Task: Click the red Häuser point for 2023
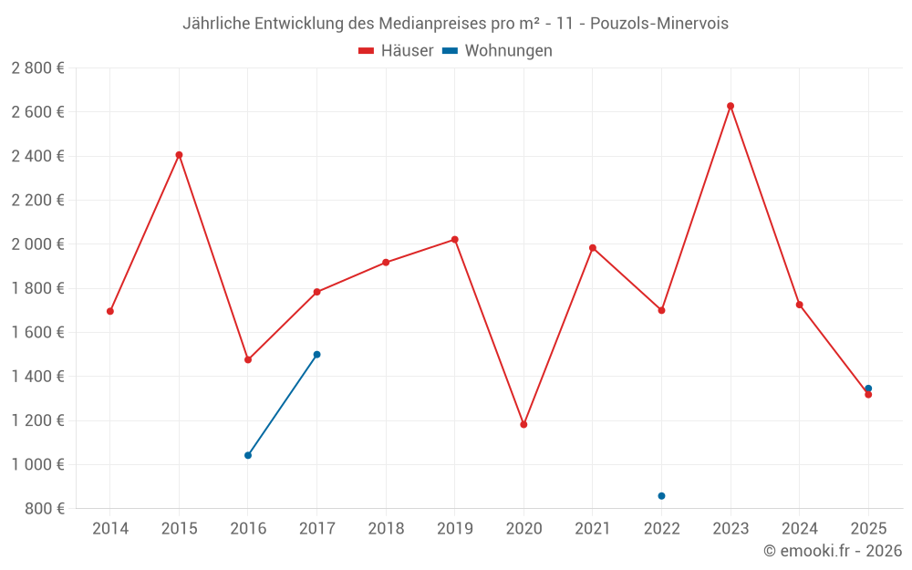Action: (x=731, y=106)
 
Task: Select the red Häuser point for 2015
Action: (x=179, y=155)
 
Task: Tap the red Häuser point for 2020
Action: (x=523, y=424)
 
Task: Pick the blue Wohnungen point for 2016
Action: (x=248, y=455)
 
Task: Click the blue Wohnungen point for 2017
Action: (x=316, y=354)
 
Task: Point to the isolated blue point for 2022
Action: (x=661, y=496)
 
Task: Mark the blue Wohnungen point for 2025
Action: (x=868, y=389)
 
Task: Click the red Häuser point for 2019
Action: (x=454, y=240)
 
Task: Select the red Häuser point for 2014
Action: (x=110, y=311)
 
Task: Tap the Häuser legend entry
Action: (x=396, y=51)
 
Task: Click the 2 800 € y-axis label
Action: (x=37, y=68)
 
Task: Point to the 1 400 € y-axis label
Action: (x=37, y=377)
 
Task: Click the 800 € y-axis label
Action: (x=44, y=509)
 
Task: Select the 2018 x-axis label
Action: (x=386, y=529)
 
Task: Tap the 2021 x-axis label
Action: (x=593, y=529)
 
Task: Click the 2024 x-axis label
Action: (x=799, y=529)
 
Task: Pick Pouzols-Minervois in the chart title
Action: (x=659, y=24)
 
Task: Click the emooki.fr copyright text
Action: (x=833, y=551)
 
